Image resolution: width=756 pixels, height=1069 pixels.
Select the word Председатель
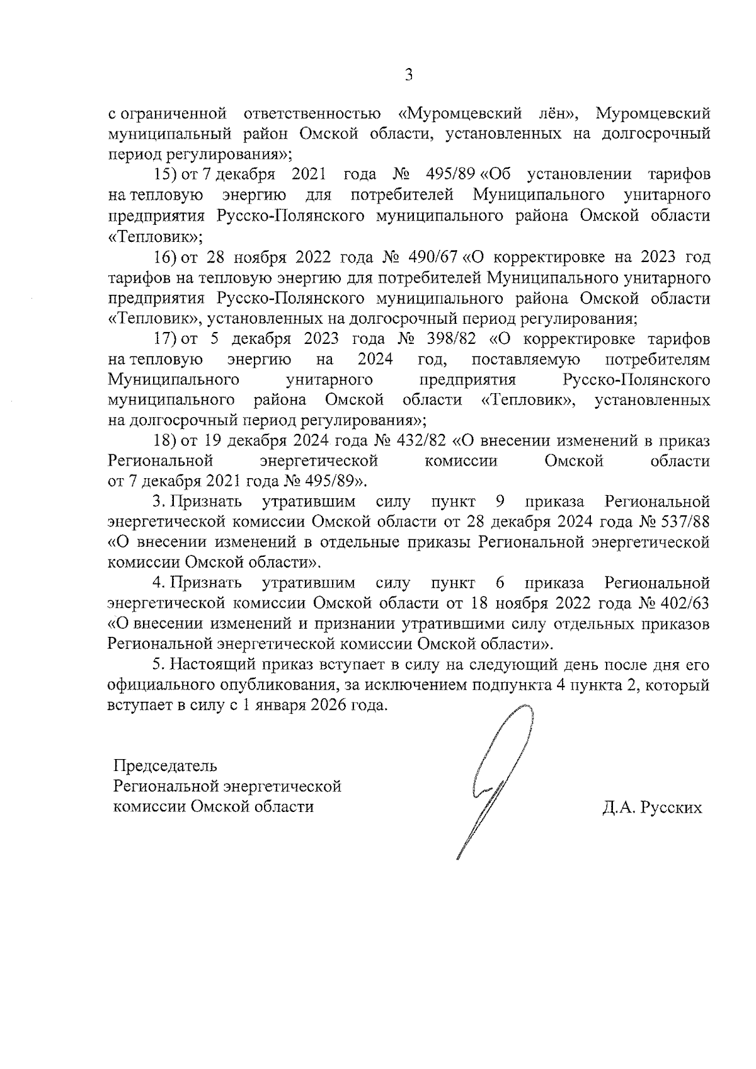pos(165,766)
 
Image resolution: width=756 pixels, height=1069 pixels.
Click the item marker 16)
pos(166,257)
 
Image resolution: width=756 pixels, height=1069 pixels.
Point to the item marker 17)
pos(166,339)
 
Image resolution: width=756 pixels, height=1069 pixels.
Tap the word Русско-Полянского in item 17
pos(638,380)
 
